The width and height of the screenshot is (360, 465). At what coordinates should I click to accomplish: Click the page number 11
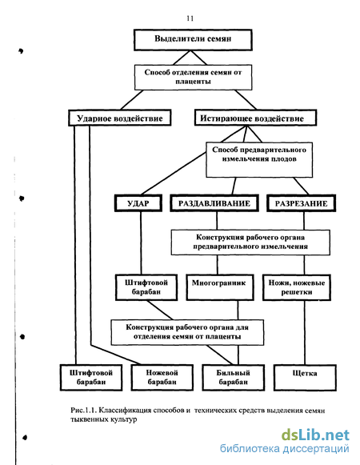pyautogui.click(x=190, y=18)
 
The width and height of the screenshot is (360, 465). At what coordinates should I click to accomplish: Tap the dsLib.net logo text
pyautogui.click(x=315, y=435)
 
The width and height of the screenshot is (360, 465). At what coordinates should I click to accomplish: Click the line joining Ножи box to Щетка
pyautogui.click(x=305, y=333)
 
